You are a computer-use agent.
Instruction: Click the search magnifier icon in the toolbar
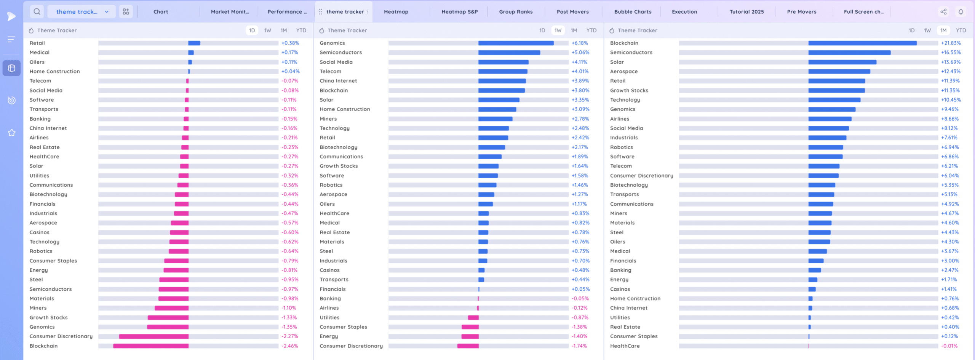[37, 12]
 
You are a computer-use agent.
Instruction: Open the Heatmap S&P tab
[459, 12]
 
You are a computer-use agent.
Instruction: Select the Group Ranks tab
[516, 12]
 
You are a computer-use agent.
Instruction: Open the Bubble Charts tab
[633, 12]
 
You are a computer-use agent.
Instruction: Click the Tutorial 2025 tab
[746, 12]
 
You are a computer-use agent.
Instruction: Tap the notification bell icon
[961, 12]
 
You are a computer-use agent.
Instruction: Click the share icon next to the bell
[943, 12]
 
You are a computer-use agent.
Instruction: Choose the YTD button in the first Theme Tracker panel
[301, 30]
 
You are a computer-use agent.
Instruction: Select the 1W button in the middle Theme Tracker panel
[558, 30]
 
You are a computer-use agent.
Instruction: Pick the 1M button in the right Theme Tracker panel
[943, 30]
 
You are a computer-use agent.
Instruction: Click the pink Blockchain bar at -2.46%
[151, 346]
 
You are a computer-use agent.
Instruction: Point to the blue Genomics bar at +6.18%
[516, 43]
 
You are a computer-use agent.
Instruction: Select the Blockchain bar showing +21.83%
[862, 43]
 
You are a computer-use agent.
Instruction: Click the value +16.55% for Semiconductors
[951, 53]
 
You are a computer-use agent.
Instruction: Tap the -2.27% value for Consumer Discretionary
[289, 336]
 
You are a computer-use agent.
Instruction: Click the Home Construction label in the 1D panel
[55, 72]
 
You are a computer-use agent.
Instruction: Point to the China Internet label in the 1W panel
[338, 81]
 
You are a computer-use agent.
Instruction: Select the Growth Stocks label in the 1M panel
[629, 90]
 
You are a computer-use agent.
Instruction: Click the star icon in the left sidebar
[12, 133]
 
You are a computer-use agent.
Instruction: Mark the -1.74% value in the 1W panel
[579, 346]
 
